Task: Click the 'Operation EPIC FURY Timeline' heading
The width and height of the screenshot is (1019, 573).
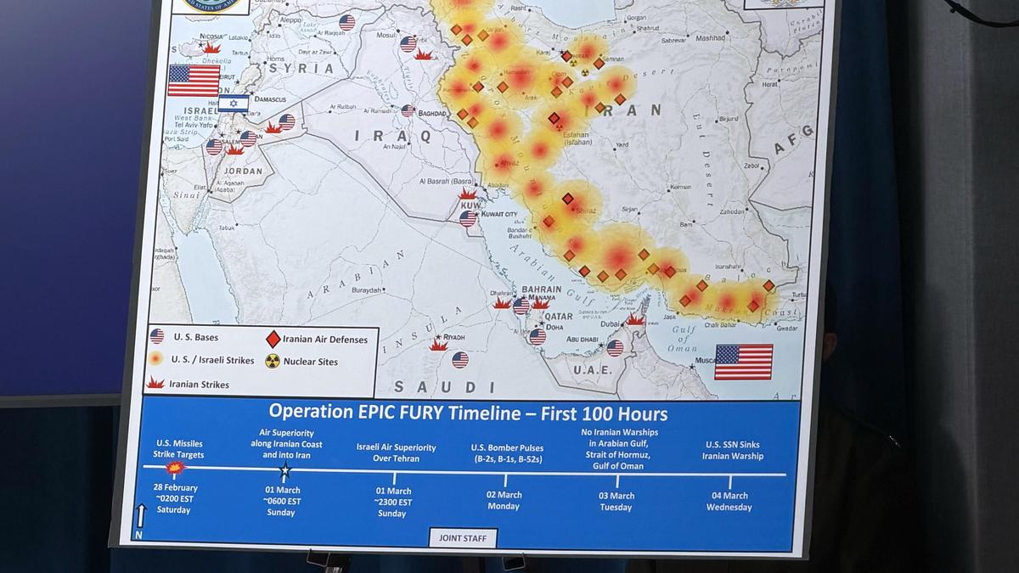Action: (468, 413)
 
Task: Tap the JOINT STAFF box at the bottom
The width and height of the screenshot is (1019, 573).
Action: (463, 537)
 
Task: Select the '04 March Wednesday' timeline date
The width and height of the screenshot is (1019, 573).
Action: (729, 502)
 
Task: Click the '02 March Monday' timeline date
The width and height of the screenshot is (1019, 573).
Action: (504, 500)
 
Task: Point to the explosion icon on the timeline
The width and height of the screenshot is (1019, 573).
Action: (176, 467)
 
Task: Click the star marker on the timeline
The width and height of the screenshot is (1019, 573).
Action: (285, 469)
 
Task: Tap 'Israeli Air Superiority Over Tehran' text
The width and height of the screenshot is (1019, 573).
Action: (397, 452)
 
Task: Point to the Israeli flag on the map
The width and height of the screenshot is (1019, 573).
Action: (234, 104)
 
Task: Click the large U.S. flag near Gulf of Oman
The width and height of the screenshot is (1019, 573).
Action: (743, 362)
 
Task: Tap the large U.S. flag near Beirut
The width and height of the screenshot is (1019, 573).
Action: (194, 81)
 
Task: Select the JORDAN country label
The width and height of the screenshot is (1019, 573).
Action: (243, 171)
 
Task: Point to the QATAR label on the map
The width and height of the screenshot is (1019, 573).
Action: (558, 316)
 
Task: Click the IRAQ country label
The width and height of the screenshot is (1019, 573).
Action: (404, 135)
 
